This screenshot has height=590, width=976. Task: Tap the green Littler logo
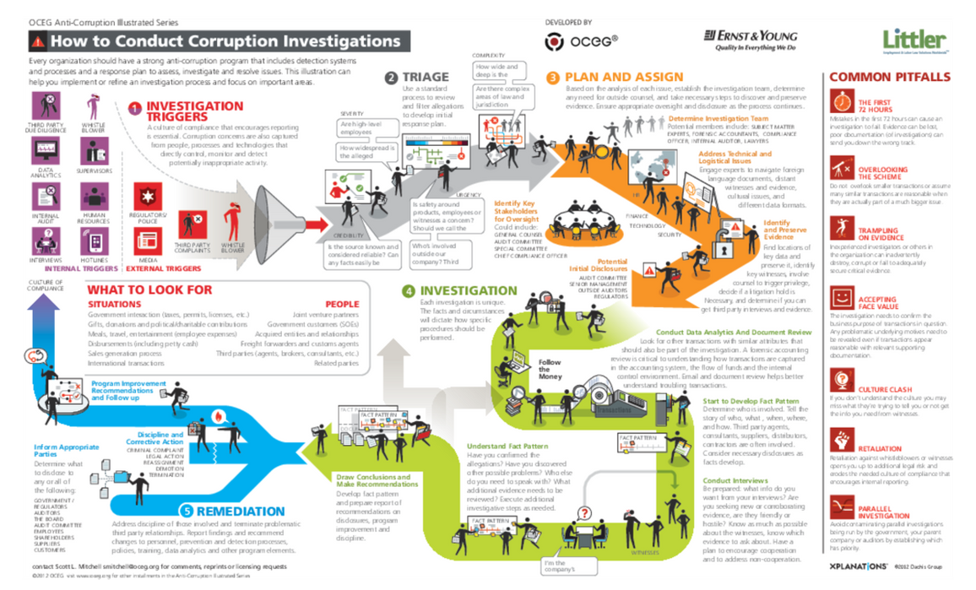(914, 40)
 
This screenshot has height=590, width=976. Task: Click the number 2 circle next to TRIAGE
(391, 78)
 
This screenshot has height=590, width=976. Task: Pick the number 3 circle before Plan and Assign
(552, 78)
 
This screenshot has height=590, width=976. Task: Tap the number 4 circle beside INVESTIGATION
(409, 291)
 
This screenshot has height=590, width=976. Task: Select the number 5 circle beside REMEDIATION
(187, 511)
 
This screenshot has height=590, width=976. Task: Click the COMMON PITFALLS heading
(889, 77)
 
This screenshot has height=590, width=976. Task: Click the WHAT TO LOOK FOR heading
(149, 290)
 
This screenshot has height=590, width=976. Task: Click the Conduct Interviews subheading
(735, 481)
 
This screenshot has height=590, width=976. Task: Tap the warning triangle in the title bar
(37, 41)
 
